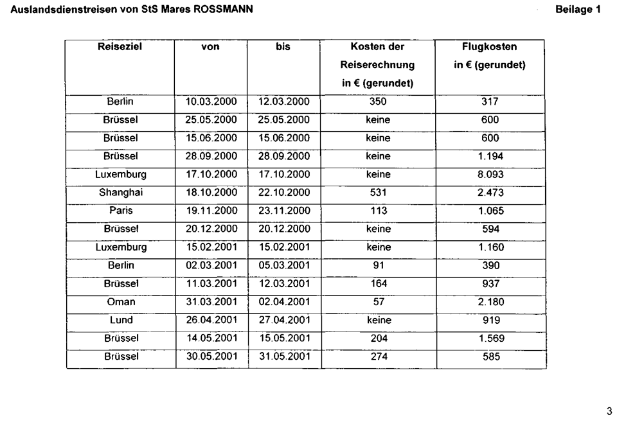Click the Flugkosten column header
click(x=490, y=47)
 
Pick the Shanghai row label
click(x=120, y=192)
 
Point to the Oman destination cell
click(x=120, y=301)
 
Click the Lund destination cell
click(x=120, y=319)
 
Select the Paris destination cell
click(x=120, y=210)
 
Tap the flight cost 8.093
click(x=490, y=174)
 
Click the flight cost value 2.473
click(x=490, y=192)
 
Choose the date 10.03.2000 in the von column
click(x=211, y=102)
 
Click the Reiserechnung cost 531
click(x=378, y=192)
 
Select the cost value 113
click(x=378, y=210)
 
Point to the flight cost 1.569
click(x=490, y=338)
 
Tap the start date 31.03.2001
click(x=211, y=301)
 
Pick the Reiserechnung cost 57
click(x=378, y=301)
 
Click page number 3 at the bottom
click(x=609, y=412)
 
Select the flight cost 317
click(x=490, y=102)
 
